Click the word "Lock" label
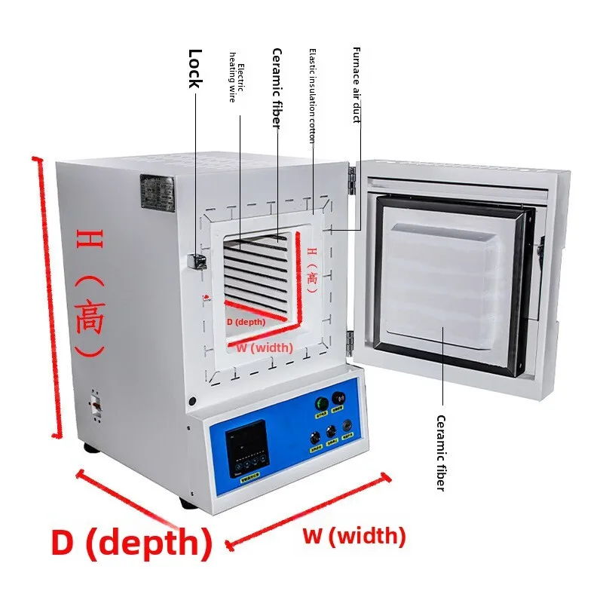point(195,68)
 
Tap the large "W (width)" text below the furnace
point(354,537)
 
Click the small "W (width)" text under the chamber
point(264,347)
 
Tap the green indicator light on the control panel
point(321,403)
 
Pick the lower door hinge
point(350,340)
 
